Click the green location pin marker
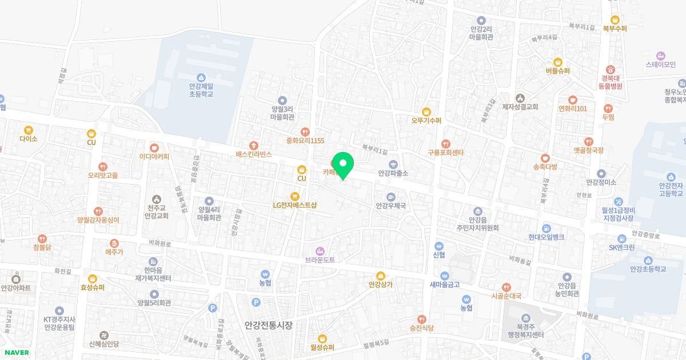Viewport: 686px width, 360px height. [x=343, y=165]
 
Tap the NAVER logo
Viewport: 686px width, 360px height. [x=15, y=353]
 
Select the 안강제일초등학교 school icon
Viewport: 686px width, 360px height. [x=201, y=78]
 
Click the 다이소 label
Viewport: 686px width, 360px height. [x=28, y=138]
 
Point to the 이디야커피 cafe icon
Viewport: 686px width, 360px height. [x=154, y=147]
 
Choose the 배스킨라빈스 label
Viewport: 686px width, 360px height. [x=253, y=154]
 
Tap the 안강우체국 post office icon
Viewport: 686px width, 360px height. [x=391, y=197]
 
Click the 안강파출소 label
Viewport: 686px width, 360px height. [x=393, y=173]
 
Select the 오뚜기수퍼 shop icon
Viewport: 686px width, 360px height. [x=426, y=111]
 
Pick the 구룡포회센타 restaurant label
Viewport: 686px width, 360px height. [x=446, y=153]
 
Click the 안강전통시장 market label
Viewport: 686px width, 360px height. [x=268, y=325]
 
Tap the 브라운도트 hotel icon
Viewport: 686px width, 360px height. [x=320, y=250]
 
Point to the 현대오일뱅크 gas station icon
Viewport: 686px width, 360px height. [x=546, y=227]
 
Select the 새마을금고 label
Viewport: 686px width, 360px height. [x=445, y=284]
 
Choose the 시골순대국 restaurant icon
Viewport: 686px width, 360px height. [x=506, y=287]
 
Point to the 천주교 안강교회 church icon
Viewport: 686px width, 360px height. [x=156, y=198]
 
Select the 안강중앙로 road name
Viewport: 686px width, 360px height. [x=646, y=235]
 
